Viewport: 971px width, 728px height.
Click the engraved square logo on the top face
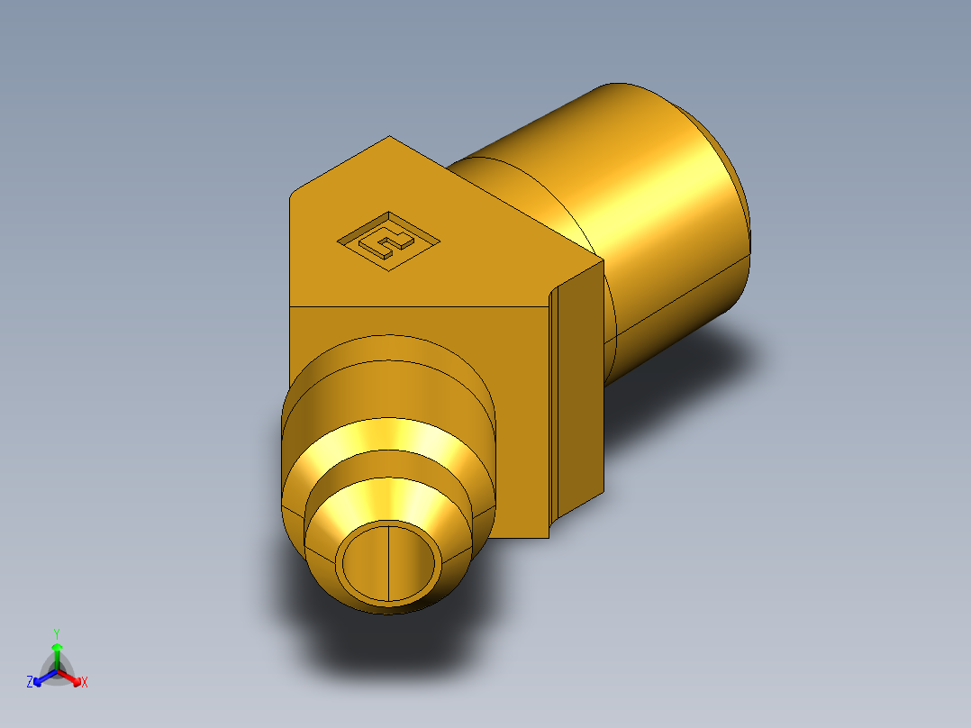(x=387, y=240)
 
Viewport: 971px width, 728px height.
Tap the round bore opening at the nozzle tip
(x=390, y=562)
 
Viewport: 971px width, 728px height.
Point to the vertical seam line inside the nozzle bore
(x=388, y=562)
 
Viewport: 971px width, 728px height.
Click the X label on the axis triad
(x=85, y=683)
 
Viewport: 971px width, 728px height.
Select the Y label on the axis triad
(x=56, y=632)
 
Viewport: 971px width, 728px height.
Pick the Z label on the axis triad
(x=30, y=683)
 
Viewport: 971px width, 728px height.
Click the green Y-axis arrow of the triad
(x=56, y=655)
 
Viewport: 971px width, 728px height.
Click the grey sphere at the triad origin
(x=57, y=671)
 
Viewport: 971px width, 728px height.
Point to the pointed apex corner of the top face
(x=389, y=138)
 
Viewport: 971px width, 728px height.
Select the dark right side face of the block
(x=582, y=387)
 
